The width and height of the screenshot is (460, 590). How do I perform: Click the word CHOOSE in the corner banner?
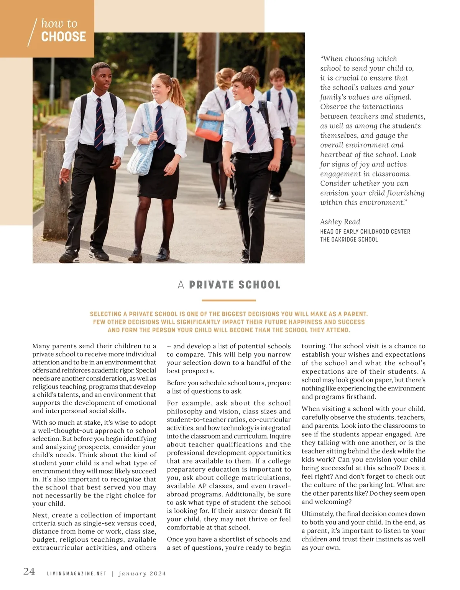pyautogui.click(x=63, y=37)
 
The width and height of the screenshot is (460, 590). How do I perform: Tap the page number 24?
pyautogui.click(x=29, y=572)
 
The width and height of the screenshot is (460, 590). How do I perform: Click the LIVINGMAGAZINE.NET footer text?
pyautogui.click(x=76, y=574)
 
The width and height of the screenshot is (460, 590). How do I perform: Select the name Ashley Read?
pyautogui.click(x=340, y=222)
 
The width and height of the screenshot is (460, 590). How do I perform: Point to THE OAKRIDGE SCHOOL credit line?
pyautogui.click(x=349, y=239)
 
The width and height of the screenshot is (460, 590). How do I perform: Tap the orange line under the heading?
pyautogui.click(x=228, y=300)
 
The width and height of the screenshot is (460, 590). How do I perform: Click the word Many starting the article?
pyautogui.click(x=41, y=346)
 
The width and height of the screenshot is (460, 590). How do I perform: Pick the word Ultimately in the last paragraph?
pyautogui.click(x=317, y=514)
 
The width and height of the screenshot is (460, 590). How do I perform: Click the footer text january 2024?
pyautogui.click(x=142, y=574)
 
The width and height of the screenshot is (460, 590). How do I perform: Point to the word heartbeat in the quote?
pyautogui.click(x=338, y=155)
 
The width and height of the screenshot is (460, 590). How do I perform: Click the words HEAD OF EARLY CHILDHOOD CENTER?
pyautogui.click(x=365, y=231)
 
